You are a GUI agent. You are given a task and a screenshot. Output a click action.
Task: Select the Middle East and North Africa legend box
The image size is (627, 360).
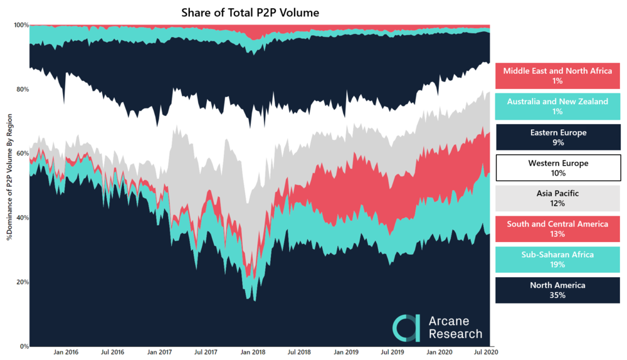click(x=557, y=76)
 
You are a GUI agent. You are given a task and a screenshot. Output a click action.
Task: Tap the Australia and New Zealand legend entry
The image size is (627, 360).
click(x=557, y=107)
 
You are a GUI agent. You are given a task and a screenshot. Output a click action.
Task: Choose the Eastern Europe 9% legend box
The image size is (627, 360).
click(x=557, y=137)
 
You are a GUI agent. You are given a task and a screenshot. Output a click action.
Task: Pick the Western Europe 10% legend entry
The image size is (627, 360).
click(x=557, y=168)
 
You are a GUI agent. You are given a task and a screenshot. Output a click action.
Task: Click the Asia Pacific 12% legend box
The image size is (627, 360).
click(x=557, y=199)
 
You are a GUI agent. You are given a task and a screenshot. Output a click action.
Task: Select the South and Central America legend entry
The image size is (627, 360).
click(x=557, y=229)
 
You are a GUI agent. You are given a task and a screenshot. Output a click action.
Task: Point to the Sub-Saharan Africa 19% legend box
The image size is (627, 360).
click(x=557, y=260)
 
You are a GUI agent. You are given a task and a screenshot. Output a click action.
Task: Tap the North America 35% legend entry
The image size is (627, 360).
click(x=557, y=290)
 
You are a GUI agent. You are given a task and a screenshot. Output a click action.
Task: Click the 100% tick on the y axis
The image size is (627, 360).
click(x=21, y=25)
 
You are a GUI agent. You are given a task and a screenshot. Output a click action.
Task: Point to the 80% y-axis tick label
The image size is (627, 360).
click(x=23, y=89)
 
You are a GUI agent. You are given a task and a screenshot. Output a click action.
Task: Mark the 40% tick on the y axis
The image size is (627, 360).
click(x=23, y=218)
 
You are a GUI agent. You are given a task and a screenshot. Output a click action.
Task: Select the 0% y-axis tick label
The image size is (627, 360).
click(x=24, y=346)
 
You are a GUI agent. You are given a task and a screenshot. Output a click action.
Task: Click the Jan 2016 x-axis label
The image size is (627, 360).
click(x=66, y=353)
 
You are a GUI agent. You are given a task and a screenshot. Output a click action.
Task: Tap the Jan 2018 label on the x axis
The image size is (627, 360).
click(x=253, y=353)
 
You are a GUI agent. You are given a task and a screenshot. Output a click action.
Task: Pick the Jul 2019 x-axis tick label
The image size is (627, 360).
click(x=393, y=353)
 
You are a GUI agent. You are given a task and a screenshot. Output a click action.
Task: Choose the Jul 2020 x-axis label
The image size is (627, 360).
click(x=485, y=353)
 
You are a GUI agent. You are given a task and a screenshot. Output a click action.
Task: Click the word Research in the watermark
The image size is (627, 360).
click(x=456, y=334)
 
